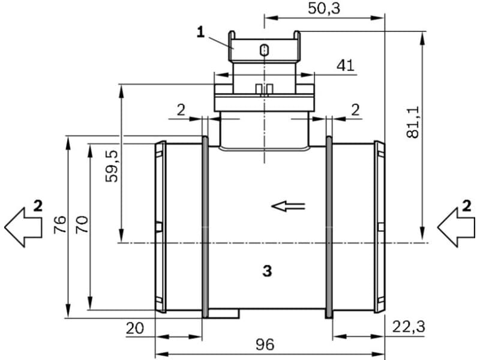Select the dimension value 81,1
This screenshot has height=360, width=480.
pos(412,123)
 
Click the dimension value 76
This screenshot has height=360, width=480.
pos(59,225)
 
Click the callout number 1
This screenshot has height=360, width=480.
pos(201,33)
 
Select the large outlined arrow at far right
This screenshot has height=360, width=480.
pos(455,228)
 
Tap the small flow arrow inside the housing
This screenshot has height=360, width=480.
pos(288,206)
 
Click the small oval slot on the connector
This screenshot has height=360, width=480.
pos(263,50)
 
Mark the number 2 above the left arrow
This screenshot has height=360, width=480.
pos(38,207)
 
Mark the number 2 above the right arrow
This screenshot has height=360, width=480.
pos(467,207)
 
